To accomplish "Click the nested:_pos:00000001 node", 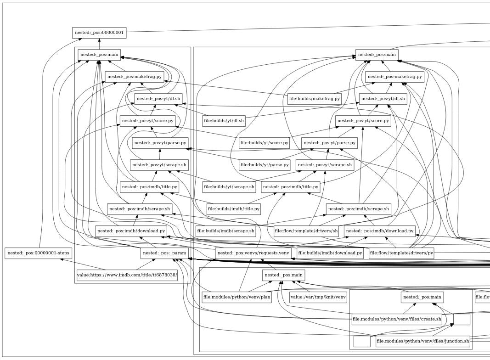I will pyautogui.click(x=99, y=33).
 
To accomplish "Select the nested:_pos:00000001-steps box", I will pyautogui.click(x=38, y=253).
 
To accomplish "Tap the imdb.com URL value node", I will pyautogui.click(x=121, y=275).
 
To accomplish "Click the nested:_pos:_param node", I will pyautogui.click(x=164, y=253).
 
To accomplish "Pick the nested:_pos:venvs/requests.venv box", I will pyautogui.click(x=253, y=253).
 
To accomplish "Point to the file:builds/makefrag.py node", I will pyautogui.click(x=315, y=98).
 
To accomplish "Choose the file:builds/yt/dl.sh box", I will pyautogui.click(x=224, y=121).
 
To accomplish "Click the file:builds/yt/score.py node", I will pyautogui.click(x=264, y=143).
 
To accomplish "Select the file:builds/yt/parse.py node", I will pyautogui.click(x=264, y=164).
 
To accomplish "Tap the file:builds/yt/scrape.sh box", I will pyautogui.click(x=229, y=187).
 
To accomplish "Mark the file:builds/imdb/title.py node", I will pyautogui.click(x=234, y=209).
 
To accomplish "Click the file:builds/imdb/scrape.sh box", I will pyautogui.click(x=225, y=231).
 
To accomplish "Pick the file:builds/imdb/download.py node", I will pyautogui.click(x=330, y=253).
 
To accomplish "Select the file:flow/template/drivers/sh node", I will pyautogui.click(x=306, y=231).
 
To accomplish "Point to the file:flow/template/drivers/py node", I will pyautogui.click(x=401, y=253).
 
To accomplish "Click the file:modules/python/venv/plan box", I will pyautogui.click(x=237, y=297).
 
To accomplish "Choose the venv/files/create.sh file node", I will pyautogui.click(x=397, y=319).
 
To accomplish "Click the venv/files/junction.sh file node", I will pyautogui.click(x=422, y=341).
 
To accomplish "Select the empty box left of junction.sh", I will pyautogui.click(x=362, y=341).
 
